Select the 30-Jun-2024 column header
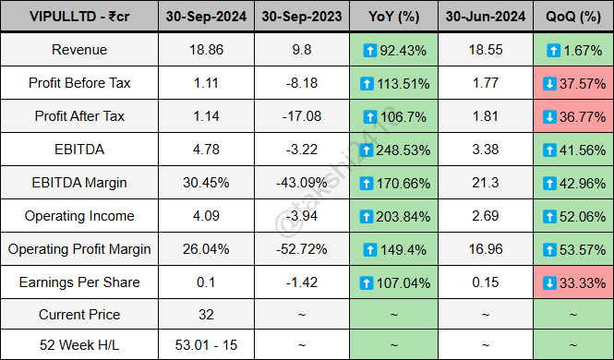coord(478,17)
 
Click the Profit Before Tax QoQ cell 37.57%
coord(573,83)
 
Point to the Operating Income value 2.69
coord(478,216)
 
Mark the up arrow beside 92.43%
coord(368,50)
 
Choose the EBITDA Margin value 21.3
coord(478,183)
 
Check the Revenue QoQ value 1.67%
coord(574,50)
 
